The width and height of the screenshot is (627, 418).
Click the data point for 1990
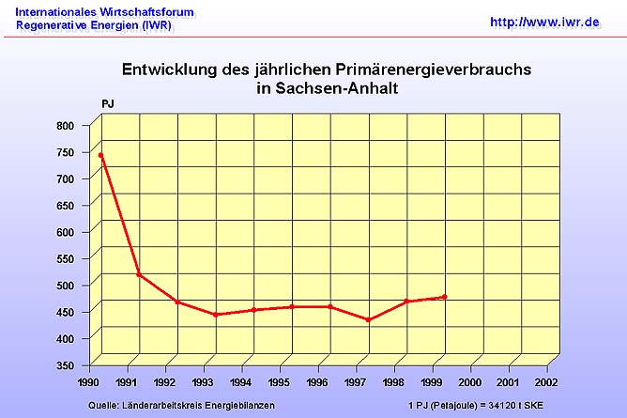[x=100, y=155]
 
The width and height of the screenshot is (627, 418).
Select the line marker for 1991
[x=139, y=274]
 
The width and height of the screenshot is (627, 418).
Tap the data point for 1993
[x=216, y=314]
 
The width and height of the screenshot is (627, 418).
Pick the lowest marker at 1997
[x=368, y=319]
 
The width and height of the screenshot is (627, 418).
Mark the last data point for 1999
[x=444, y=297]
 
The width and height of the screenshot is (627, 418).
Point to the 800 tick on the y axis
[x=65, y=125]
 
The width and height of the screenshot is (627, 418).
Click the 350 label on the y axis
[x=65, y=364]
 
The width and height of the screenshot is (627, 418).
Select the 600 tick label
[x=65, y=231]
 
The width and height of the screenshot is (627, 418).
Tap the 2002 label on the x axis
[x=546, y=383]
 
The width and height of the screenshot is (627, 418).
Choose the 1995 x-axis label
[x=278, y=383]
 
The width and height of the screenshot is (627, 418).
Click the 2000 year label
[x=469, y=383]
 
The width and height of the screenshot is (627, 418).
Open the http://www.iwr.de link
[x=544, y=21]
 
